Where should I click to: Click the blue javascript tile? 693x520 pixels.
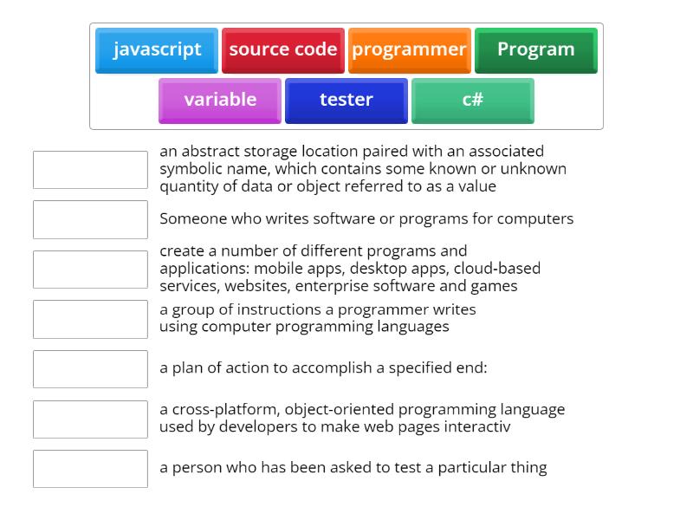click(157, 50)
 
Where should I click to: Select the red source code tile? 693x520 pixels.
click(282, 50)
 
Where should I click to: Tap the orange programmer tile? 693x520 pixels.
click(409, 50)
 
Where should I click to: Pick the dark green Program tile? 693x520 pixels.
click(535, 50)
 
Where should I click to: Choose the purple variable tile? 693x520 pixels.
click(220, 101)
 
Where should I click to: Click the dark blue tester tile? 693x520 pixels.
click(346, 101)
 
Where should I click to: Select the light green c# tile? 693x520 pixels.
click(472, 101)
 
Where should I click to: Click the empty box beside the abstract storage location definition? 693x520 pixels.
click(90, 170)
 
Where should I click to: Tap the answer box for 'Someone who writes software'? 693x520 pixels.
click(90, 219)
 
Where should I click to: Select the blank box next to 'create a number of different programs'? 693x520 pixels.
click(90, 270)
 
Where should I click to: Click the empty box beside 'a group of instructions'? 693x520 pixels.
click(90, 319)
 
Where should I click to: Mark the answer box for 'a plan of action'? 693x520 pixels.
click(90, 369)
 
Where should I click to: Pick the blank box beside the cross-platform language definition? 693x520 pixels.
click(90, 419)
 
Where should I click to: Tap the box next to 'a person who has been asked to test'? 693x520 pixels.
click(90, 469)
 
